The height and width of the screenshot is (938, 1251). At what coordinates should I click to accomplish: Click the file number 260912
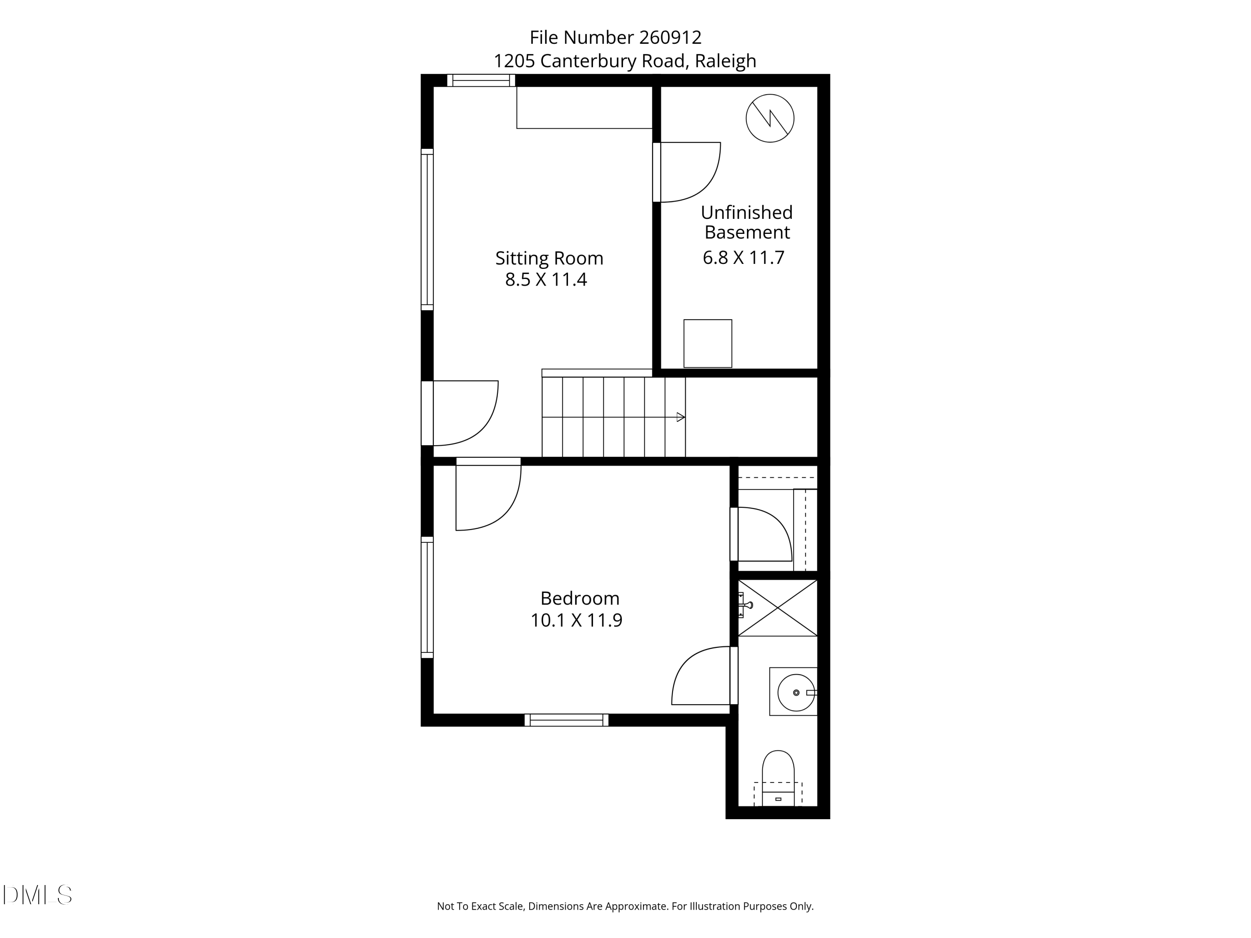[x=670, y=38]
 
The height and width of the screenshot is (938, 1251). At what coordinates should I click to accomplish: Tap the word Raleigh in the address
[x=725, y=61]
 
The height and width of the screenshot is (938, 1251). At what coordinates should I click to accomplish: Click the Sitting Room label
[x=549, y=258]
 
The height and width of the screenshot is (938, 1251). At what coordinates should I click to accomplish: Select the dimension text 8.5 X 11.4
[x=546, y=280]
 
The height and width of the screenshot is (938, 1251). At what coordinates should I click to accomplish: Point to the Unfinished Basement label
[x=746, y=222]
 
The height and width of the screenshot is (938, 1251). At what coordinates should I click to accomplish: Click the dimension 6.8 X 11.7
[x=743, y=258]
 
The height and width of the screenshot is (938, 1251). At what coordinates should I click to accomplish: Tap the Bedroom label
[x=580, y=598]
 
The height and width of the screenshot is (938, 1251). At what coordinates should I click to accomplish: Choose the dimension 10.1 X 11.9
[x=576, y=620]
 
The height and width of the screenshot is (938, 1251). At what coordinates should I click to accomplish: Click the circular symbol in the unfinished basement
[x=770, y=118]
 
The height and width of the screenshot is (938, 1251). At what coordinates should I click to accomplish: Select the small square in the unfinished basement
[x=708, y=343]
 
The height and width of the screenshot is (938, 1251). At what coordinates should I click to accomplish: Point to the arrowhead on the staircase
[x=681, y=417]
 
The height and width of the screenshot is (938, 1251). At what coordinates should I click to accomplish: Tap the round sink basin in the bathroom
[x=796, y=692]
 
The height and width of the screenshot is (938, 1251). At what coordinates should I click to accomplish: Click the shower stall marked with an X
[x=778, y=608]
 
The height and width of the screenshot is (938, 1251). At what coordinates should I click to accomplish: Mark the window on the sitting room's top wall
[x=481, y=80]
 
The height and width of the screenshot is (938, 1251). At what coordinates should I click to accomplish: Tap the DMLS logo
[x=38, y=895]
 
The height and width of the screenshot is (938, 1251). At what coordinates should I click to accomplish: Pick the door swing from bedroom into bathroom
[x=701, y=677]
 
